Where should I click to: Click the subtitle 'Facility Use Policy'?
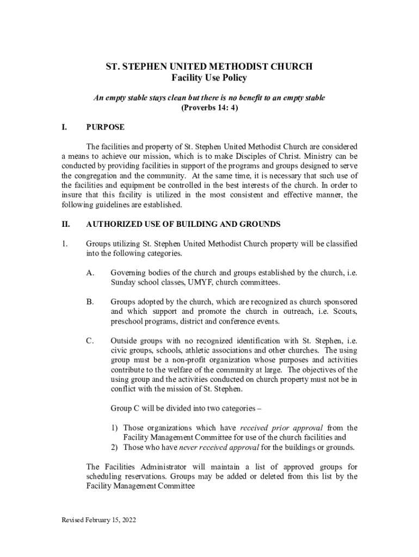[x=209, y=78]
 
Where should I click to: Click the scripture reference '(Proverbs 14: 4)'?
[x=209, y=108]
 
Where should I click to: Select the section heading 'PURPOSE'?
[x=105, y=127]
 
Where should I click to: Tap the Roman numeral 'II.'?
[x=65, y=224]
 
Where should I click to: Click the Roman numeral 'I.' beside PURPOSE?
[x=64, y=127]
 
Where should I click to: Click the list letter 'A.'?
[x=91, y=273]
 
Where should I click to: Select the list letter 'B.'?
[x=91, y=301]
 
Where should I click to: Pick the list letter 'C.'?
[x=91, y=341]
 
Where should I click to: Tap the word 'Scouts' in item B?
[x=344, y=311]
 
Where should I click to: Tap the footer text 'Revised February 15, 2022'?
[x=98, y=520]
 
